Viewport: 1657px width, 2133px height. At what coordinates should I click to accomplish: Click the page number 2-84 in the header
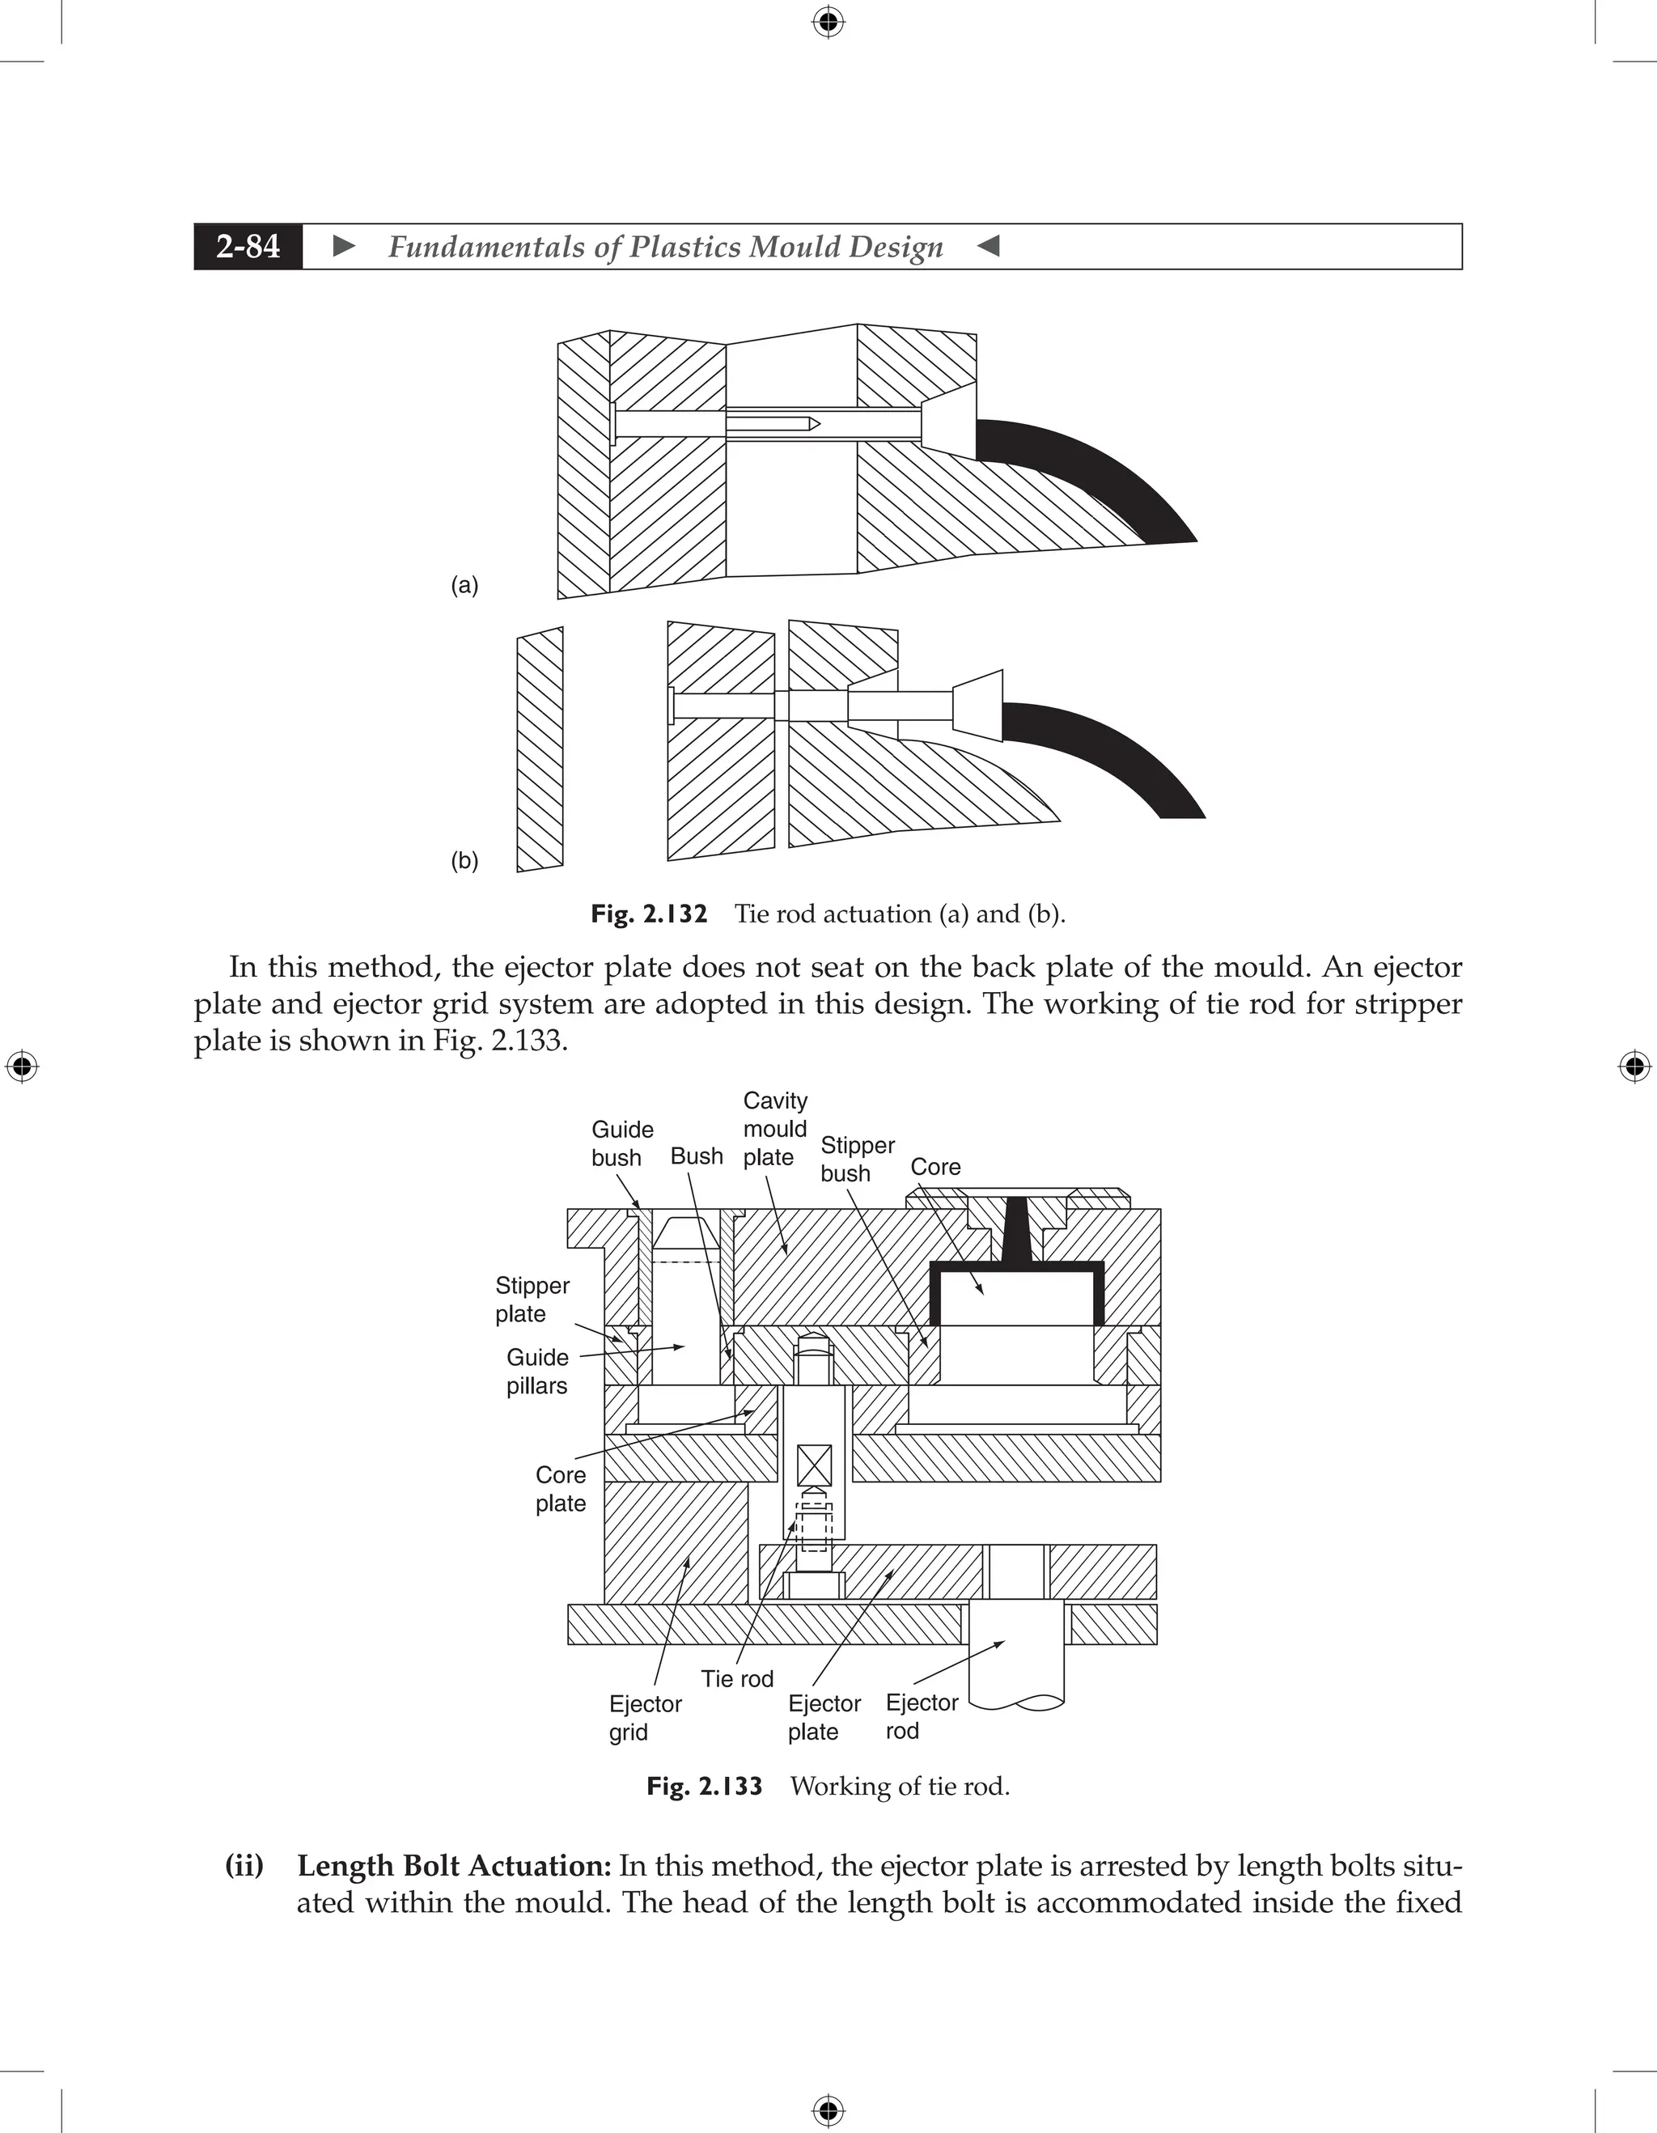(248, 246)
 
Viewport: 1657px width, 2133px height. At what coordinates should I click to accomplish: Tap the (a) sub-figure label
(464, 585)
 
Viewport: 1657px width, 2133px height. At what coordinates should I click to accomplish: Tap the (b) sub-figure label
(464, 860)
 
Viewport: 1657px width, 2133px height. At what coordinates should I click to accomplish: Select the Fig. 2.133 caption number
(704, 1787)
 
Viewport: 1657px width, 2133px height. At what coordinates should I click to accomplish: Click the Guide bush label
(621, 1143)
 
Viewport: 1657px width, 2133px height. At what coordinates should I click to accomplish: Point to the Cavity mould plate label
(774, 1128)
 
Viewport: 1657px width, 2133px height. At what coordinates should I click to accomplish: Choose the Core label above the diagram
(934, 1166)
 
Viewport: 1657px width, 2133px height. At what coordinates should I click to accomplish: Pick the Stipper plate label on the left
(532, 1299)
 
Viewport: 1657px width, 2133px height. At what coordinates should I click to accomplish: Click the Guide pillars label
(537, 1372)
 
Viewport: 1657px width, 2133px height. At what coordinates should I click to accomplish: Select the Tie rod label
(736, 1679)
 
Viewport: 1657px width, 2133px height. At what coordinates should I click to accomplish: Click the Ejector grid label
(645, 1717)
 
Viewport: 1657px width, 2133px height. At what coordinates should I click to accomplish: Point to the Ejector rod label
(921, 1716)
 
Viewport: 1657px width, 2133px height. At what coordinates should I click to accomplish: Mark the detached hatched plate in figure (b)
(540, 749)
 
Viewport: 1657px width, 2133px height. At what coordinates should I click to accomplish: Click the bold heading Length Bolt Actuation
(454, 1866)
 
